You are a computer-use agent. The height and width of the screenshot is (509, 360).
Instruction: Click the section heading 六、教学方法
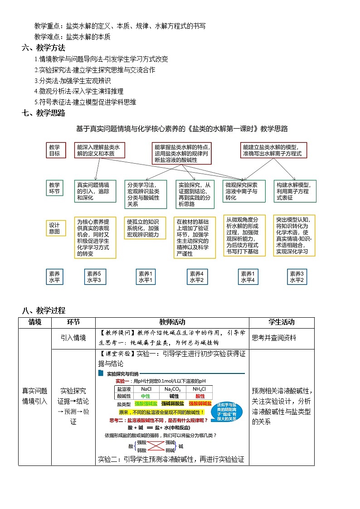click(x=44, y=48)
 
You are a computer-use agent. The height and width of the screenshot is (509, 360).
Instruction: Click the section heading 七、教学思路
click(x=44, y=113)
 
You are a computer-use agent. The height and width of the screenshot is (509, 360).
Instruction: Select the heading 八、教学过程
click(x=44, y=310)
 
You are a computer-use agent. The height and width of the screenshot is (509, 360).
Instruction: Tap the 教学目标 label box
click(x=54, y=150)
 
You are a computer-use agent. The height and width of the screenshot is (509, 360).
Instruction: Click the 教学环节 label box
click(x=54, y=188)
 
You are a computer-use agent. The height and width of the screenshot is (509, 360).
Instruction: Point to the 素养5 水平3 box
click(x=94, y=277)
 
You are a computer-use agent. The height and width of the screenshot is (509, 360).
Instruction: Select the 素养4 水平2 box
click(x=197, y=277)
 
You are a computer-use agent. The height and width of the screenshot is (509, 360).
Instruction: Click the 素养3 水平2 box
click(x=297, y=277)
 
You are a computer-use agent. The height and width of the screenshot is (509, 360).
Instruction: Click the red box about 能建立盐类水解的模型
click(x=273, y=150)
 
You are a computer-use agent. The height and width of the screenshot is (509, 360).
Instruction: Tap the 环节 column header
click(x=73, y=322)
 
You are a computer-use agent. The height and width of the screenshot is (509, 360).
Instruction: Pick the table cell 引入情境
click(x=73, y=338)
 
